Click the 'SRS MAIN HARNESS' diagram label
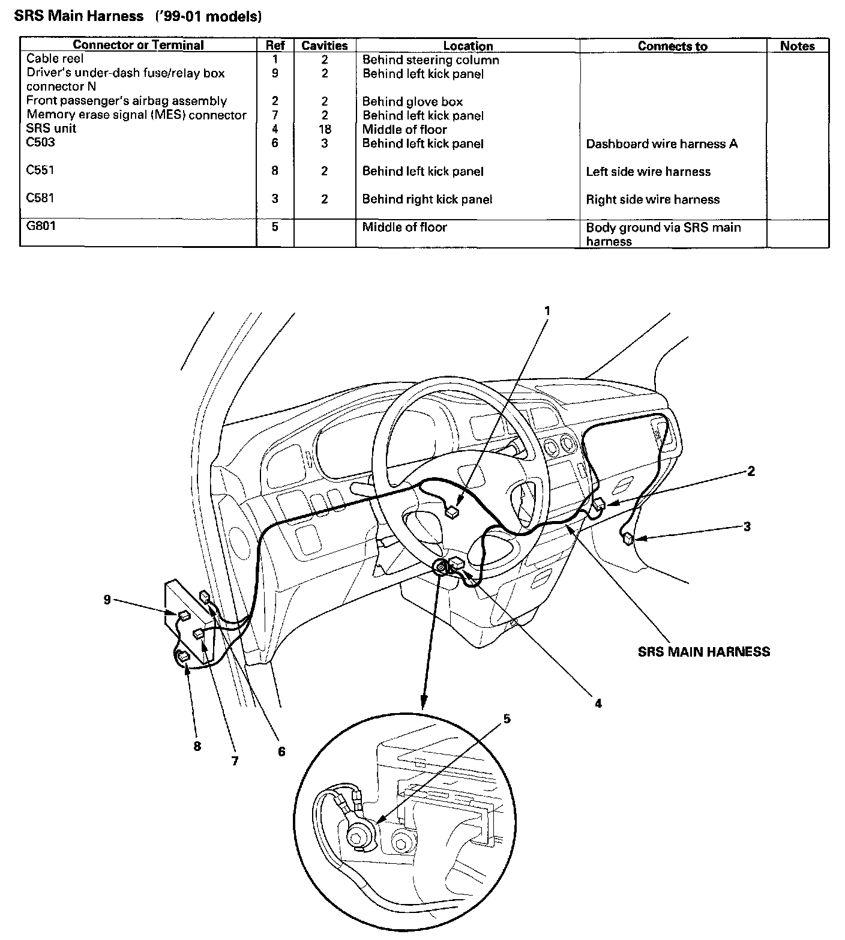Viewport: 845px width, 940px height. pos(703,652)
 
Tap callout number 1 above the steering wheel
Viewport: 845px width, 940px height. pos(547,311)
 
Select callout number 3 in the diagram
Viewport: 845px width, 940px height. pos(747,526)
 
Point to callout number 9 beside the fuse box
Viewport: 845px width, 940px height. pos(107,599)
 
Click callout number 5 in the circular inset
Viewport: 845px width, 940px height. pos(507,719)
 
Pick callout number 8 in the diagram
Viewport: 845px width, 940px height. pos(197,746)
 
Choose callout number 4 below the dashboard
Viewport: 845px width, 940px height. pos(598,703)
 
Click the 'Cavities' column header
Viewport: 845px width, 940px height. pos(324,46)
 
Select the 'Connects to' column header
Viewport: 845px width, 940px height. pos(672,46)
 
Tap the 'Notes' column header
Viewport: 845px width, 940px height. pos(797,46)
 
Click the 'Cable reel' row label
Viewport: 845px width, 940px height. pos(55,59)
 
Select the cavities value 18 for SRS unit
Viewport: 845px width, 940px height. pos(325,129)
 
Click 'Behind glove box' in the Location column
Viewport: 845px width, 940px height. pos(412,101)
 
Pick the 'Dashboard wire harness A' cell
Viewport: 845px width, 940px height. pos(661,143)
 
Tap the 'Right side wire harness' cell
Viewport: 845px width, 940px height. pos(652,199)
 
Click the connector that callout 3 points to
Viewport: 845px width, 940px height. pos(628,538)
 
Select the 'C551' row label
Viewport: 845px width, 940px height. pos(41,170)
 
